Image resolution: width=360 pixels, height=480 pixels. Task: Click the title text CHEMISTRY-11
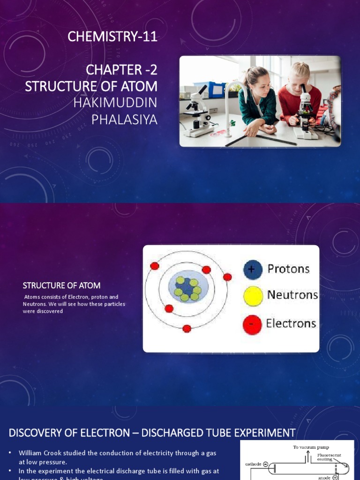112,37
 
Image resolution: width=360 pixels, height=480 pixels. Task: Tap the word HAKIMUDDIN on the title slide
115,103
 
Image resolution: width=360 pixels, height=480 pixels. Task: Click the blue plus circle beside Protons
253,270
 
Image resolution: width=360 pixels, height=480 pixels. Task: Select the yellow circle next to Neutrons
253,296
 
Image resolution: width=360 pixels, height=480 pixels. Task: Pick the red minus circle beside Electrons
252,324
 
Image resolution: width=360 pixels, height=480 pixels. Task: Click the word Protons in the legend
288,269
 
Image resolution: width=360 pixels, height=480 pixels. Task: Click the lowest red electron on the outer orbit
187,329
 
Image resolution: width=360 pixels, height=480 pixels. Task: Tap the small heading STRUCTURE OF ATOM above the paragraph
61,285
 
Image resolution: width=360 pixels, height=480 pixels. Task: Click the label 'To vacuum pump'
311,447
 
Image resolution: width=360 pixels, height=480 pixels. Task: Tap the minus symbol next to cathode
265,464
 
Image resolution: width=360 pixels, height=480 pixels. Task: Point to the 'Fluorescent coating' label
329,457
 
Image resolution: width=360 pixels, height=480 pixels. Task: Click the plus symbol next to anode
335,478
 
